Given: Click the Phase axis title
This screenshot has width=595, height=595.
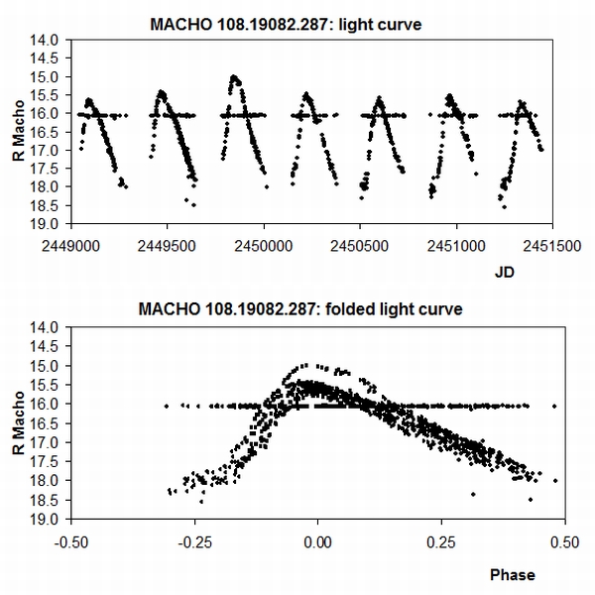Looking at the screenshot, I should pos(512,573).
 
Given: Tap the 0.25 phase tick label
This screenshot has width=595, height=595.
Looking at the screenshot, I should pos(438,544).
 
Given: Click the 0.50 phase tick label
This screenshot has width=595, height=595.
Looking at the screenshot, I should pos(562,544).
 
